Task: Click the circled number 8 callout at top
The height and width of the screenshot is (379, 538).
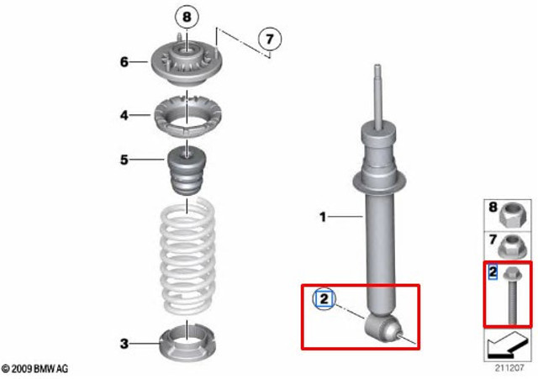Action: [187, 17]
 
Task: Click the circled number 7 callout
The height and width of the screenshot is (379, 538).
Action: [270, 39]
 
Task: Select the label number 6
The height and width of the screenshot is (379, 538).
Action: [124, 62]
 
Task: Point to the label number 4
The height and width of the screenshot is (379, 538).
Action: [124, 115]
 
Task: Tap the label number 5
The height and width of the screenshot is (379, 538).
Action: [124, 160]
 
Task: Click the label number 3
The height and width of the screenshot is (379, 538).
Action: [124, 344]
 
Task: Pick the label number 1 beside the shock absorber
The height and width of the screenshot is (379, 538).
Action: [323, 217]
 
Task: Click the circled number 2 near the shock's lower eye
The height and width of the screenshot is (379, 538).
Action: [324, 299]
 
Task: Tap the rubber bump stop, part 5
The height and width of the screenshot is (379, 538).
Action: [187, 170]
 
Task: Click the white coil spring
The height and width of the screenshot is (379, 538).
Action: [187, 256]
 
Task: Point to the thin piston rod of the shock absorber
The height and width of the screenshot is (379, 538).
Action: [377, 96]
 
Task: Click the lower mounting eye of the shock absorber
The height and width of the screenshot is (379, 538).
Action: [382, 329]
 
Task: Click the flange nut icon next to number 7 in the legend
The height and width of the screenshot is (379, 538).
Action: [511, 246]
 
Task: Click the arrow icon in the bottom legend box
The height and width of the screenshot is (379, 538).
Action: [508, 345]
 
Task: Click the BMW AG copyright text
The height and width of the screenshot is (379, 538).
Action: [34, 369]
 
